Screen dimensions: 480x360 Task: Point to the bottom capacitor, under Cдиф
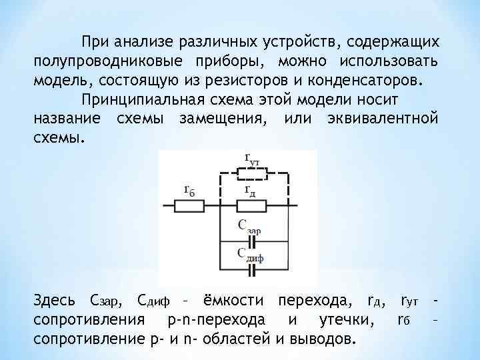pos(252,271)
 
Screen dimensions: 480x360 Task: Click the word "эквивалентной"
pos(382,119)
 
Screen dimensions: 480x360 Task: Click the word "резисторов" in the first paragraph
pos(248,81)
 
